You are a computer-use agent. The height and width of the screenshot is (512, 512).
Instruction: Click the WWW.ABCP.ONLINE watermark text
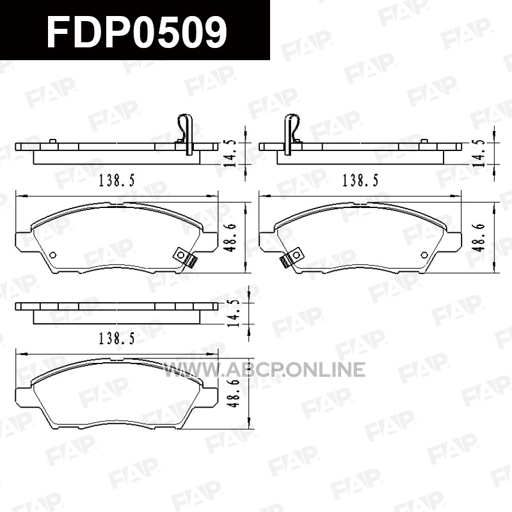click(x=264, y=369)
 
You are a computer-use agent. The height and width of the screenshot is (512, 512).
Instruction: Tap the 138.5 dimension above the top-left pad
click(x=116, y=180)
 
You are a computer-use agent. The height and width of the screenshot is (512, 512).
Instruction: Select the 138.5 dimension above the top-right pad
click(x=360, y=180)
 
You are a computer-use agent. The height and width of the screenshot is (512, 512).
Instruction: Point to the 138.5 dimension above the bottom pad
click(x=116, y=339)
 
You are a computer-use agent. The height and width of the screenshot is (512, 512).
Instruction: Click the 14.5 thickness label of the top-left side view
click(x=230, y=154)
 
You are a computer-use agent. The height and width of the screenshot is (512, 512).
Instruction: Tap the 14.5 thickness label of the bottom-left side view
click(x=234, y=313)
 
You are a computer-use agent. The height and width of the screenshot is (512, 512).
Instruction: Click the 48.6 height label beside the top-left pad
click(x=230, y=237)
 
